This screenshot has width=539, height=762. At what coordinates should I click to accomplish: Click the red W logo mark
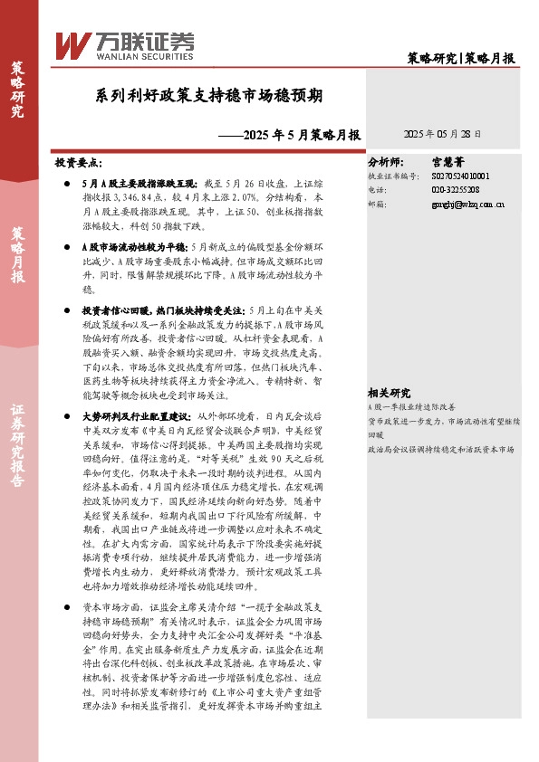tap(71, 43)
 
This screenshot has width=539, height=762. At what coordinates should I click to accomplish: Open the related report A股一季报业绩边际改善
tap(418, 408)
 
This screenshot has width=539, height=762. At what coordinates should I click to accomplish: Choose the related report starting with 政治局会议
tap(440, 449)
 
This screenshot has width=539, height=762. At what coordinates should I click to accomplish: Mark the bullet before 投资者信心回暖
tap(70, 310)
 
